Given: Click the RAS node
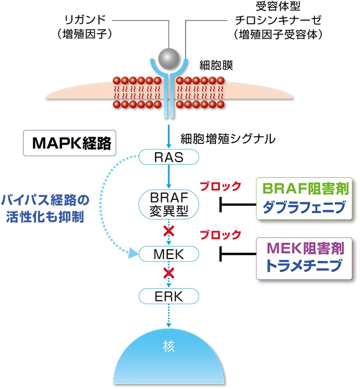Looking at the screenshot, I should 168,158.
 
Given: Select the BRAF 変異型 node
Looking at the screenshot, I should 168,204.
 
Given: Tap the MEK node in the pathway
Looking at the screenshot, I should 168,254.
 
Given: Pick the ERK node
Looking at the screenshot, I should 168,296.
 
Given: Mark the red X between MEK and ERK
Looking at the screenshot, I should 168,273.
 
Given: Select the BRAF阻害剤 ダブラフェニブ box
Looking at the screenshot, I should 305,198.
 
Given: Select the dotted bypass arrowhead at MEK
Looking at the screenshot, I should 133,255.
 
